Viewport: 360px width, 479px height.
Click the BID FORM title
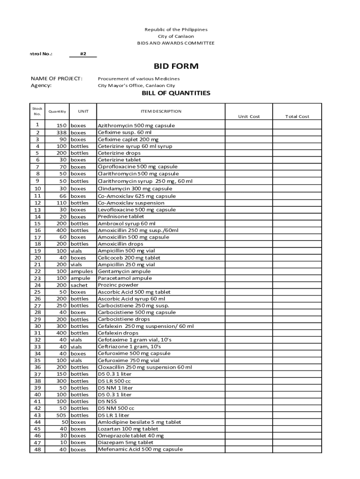click(x=176, y=66)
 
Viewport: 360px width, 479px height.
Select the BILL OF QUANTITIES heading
click(x=176, y=93)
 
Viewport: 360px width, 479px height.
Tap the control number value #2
click(x=83, y=54)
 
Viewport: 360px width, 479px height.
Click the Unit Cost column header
click(x=249, y=116)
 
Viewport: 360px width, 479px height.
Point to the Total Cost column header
click(x=297, y=116)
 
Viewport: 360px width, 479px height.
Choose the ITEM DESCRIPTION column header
click(x=161, y=111)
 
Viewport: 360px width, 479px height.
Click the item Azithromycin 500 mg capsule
click(x=136, y=126)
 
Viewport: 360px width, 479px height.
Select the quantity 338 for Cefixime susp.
click(x=61, y=133)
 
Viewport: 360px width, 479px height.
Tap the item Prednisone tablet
click(x=121, y=217)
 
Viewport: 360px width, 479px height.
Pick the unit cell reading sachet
click(x=79, y=285)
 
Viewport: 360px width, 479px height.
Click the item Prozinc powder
click(x=118, y=285)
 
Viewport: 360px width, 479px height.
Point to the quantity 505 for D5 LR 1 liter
click(x=61, y=415)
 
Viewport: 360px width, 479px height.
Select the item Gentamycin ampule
click(x=124, y=271)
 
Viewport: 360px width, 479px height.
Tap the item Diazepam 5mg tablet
click(x=125, y=443)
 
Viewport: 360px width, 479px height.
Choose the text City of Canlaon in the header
click(x=176, y=36)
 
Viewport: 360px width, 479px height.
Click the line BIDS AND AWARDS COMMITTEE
click(x=176, y=43)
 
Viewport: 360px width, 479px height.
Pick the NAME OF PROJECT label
click(x=57, y=79)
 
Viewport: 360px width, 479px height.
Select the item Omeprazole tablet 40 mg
click(x=130, y=436)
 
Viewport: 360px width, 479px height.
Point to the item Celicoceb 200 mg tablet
click(x=129, y=258)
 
